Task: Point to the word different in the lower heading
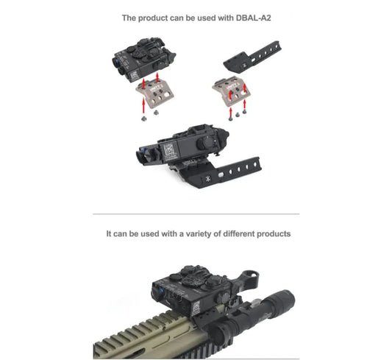[x=237, y=233]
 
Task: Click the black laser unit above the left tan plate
[x=146, y=60]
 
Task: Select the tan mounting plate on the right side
[x=231, y=91]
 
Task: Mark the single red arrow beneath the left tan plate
[x=143, y=107]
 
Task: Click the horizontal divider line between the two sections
[x=196, y=213]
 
